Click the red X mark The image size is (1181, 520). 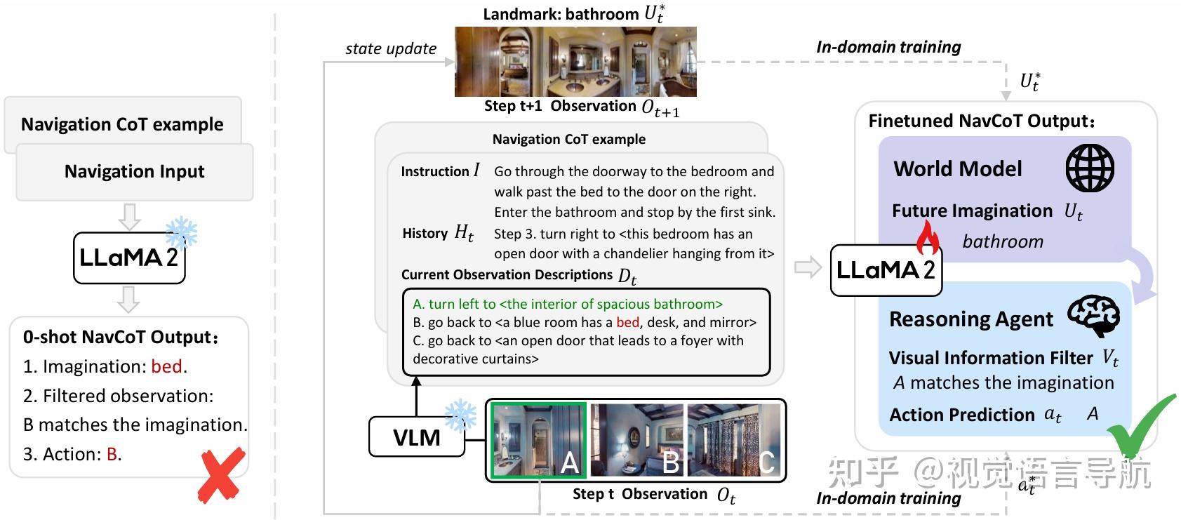point(222,475)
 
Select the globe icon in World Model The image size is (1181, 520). point(1090,168)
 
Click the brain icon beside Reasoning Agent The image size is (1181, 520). point(1093,316)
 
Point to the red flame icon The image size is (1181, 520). point(928,239)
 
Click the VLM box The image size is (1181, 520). point(417,437)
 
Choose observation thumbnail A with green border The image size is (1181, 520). point(538,440)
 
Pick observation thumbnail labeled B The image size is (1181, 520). point(636,440)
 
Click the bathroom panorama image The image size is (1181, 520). point(575,62)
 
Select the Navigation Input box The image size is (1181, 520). point(134,172)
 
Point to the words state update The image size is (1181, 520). point(390,48)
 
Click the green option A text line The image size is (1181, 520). point(568,304)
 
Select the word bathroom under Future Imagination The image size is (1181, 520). point(1002,241)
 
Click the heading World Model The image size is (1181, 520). point(957,168)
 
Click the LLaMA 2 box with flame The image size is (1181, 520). point(886,270)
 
